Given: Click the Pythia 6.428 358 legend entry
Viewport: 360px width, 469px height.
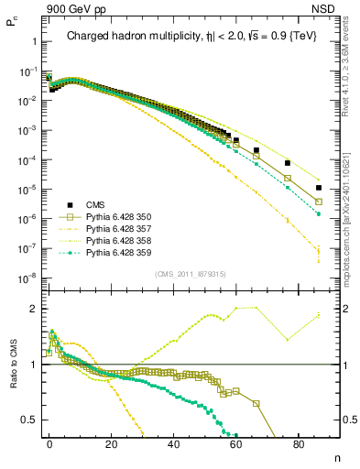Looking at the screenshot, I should [110, 240].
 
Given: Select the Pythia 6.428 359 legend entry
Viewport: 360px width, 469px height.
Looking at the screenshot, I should [110, 252].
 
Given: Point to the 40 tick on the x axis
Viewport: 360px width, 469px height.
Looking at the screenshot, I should [175, 442].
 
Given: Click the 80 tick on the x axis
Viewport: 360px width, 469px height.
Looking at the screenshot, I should [300, 442].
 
